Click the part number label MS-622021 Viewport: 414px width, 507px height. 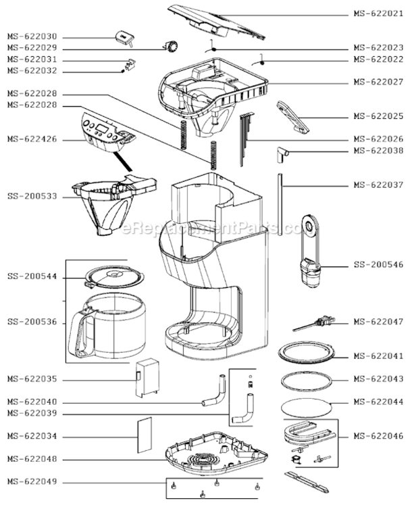378,14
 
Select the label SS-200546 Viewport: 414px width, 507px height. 378,265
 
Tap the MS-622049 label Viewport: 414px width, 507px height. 32,482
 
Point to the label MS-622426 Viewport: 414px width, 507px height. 32,139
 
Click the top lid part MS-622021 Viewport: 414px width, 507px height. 217,22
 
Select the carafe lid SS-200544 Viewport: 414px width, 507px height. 114,276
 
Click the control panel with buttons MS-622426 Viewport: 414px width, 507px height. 108,132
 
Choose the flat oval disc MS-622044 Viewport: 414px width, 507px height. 307,408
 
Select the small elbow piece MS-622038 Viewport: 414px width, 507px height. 282,155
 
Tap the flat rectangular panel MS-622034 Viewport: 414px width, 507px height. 145,435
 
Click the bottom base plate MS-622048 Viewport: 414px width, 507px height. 215,454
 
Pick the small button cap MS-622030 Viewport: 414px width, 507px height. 125,39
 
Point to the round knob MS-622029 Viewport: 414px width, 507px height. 171,46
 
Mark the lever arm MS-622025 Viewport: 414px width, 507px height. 292,117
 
